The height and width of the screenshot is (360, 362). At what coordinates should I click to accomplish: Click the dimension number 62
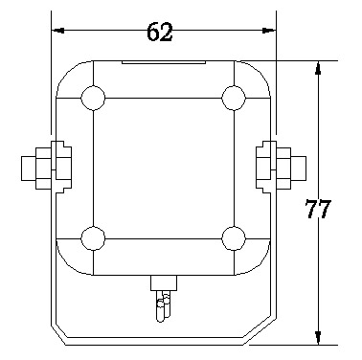pyautogui.click(x=160, y=32)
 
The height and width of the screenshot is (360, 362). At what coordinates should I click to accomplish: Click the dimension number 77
pyautogui.click(x=318, y=209)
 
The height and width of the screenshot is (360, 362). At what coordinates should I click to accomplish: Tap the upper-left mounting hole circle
pyautogui.click(x=93, y=98)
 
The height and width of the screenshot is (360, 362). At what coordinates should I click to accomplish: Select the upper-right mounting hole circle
pyautogui.click(x=234, y=98)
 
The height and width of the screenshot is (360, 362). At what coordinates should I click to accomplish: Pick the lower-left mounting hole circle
pyautogui.click(x=93, y=238)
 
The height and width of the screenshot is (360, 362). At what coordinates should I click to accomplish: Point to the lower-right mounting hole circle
pyautogui.click(x=234, y=238)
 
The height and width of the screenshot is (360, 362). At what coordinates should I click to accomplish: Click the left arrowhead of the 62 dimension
pyautogui.click(x=58, y=31)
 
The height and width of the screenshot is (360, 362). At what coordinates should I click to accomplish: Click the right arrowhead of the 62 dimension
pyautogui.click(x=269, y=31)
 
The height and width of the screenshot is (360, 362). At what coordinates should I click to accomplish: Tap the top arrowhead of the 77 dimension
pyautogui.click(x=318, y=68)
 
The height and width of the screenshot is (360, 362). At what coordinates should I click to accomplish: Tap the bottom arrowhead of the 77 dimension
pyautogui.click(x=318, y=338)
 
